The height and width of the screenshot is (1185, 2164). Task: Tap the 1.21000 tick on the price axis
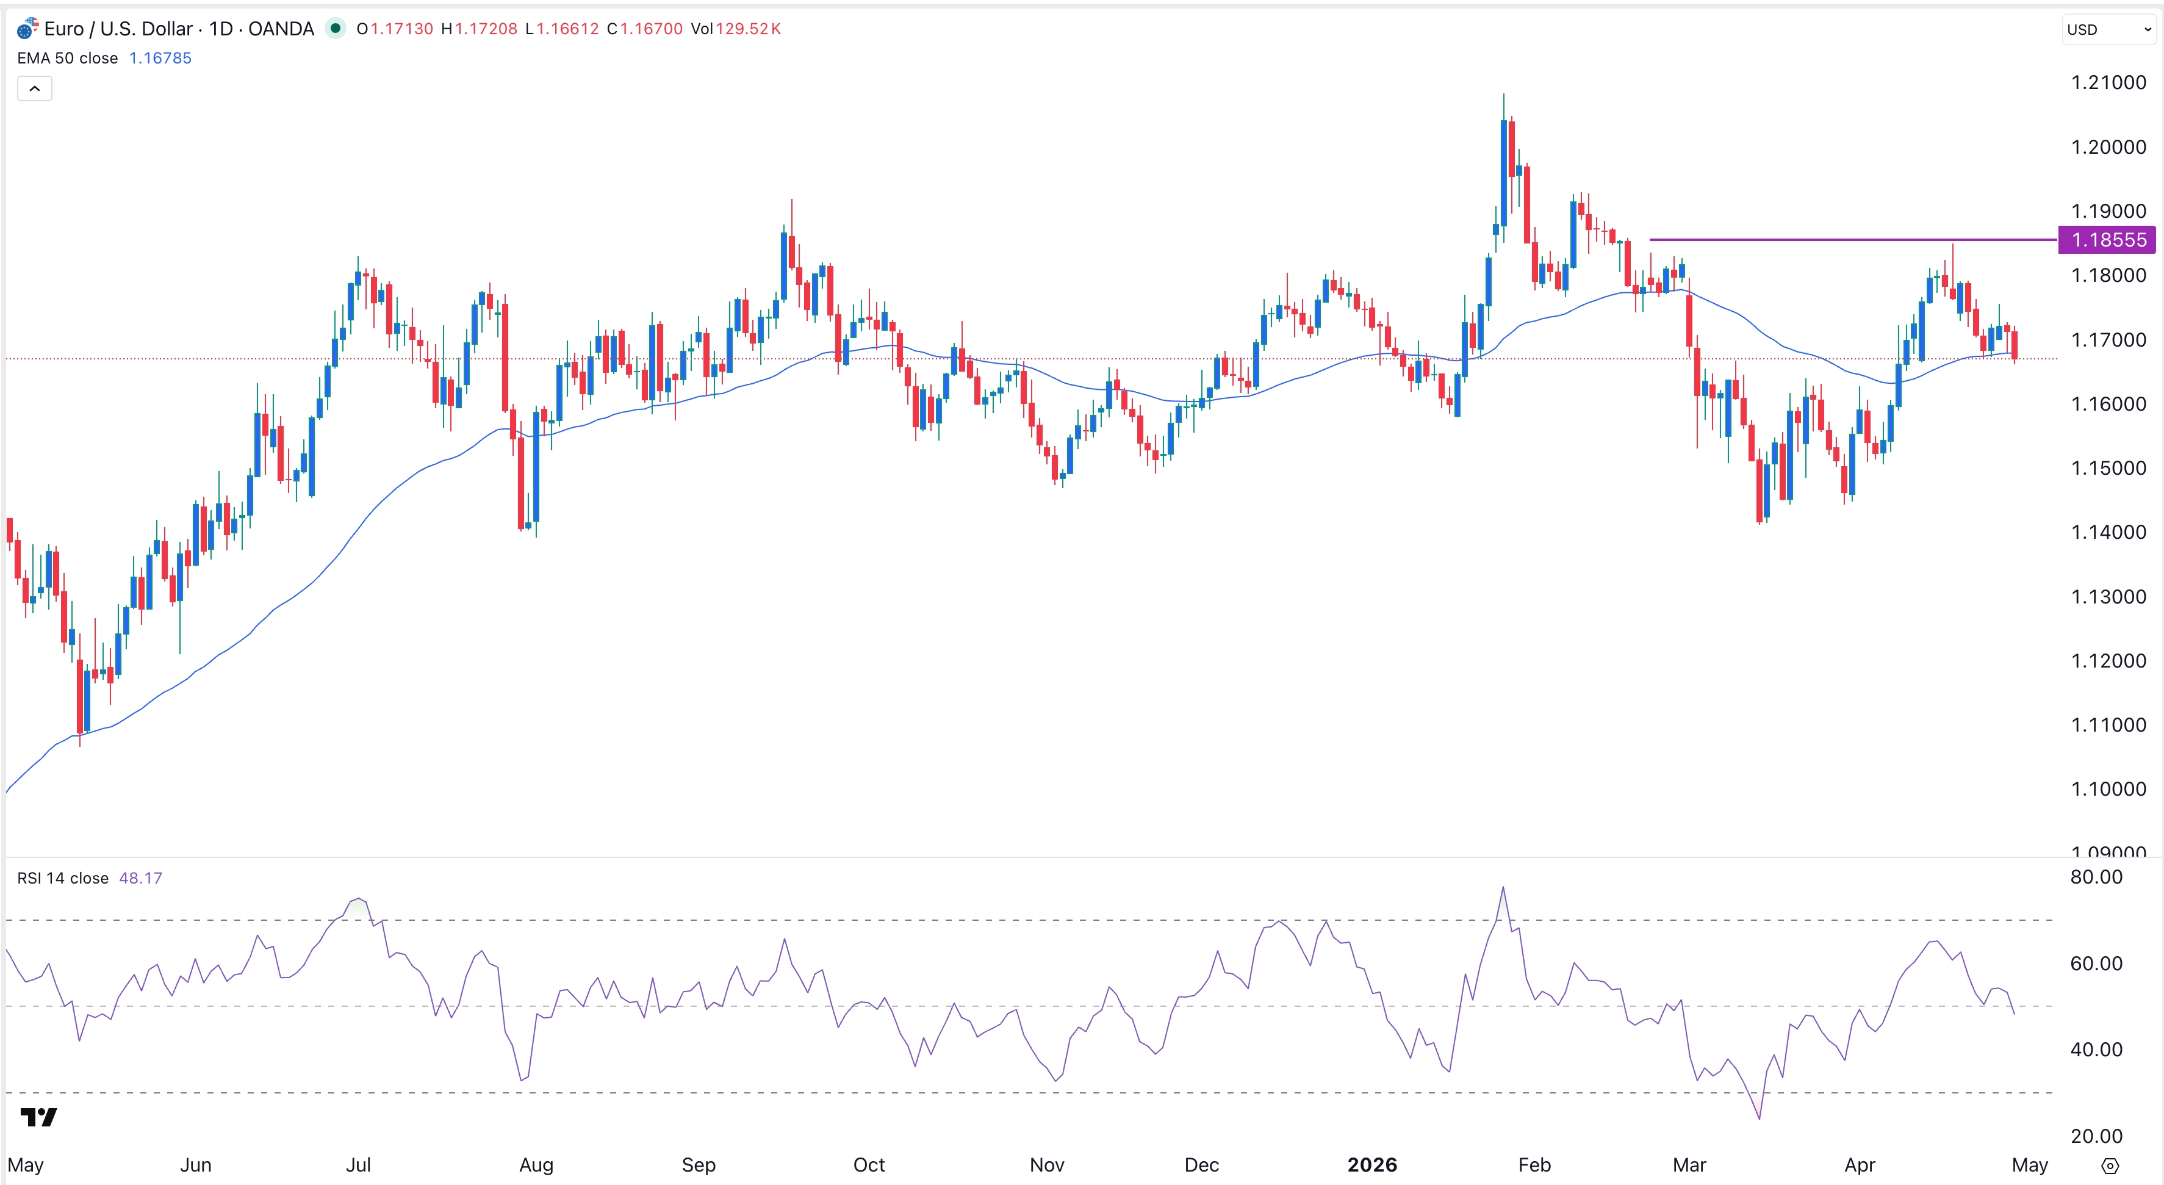point(2108,82)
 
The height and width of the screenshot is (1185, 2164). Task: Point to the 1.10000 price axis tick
point(2108,788)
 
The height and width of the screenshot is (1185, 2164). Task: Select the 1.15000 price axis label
point(2108,468)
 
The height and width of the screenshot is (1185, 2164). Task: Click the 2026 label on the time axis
point(1372,1164)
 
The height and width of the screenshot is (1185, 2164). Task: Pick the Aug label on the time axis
point(536,1164)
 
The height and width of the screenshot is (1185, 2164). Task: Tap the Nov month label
point(1047,1164)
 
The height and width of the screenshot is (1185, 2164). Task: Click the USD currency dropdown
point(2108,29)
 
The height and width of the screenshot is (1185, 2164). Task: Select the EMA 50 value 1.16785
point(160,58)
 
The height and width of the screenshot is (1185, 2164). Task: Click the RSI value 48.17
point(140,877)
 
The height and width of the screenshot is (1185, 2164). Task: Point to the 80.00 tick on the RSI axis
point(2096,877)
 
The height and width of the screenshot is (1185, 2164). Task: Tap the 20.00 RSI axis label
point(2096,1136)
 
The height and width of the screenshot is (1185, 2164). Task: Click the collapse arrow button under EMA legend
point(34,88)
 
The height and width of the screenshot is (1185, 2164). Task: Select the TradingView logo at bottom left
point(38,1116)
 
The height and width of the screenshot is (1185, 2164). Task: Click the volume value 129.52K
point(747,29)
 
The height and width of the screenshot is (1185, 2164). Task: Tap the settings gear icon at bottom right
point(2109,1165)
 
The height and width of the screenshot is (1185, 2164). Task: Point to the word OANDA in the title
point(281,29)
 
